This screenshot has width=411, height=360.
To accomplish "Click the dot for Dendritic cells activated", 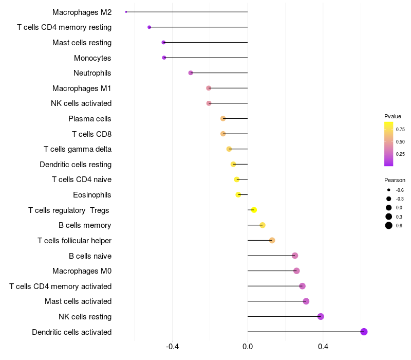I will tap(364, 332).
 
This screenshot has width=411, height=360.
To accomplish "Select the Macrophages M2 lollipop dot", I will tap(126, 12).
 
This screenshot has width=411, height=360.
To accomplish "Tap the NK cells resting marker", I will tap(321, 316).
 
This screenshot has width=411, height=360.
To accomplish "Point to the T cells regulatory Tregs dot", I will tap(254, 210).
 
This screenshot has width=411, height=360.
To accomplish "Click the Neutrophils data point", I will tap(191, 73).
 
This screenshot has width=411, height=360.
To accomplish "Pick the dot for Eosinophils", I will tap(238, 194).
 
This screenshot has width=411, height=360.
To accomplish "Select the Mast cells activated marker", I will tap(306, 301).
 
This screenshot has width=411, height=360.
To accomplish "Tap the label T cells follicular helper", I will tap(74, 241).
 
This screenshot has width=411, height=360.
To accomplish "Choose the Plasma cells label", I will tap(90, 119).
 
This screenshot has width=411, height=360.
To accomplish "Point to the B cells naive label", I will tap(90, 256).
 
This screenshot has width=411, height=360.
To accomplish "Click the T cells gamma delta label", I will tap(78, 149).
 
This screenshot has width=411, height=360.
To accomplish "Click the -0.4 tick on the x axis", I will tap(172, 347).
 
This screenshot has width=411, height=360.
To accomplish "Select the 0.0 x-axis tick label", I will tap(248, 347).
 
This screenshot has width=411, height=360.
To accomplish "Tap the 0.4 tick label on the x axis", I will tap(323, 347).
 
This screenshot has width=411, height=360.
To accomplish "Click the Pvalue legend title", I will tap(393, 116).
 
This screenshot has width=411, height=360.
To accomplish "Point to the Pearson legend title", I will tap(395, 180).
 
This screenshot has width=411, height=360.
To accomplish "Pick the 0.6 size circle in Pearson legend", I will tap(389, 226).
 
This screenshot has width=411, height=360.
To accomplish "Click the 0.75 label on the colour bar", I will tap(400, 130).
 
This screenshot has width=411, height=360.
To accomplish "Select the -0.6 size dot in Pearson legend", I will tap(389, 190).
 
